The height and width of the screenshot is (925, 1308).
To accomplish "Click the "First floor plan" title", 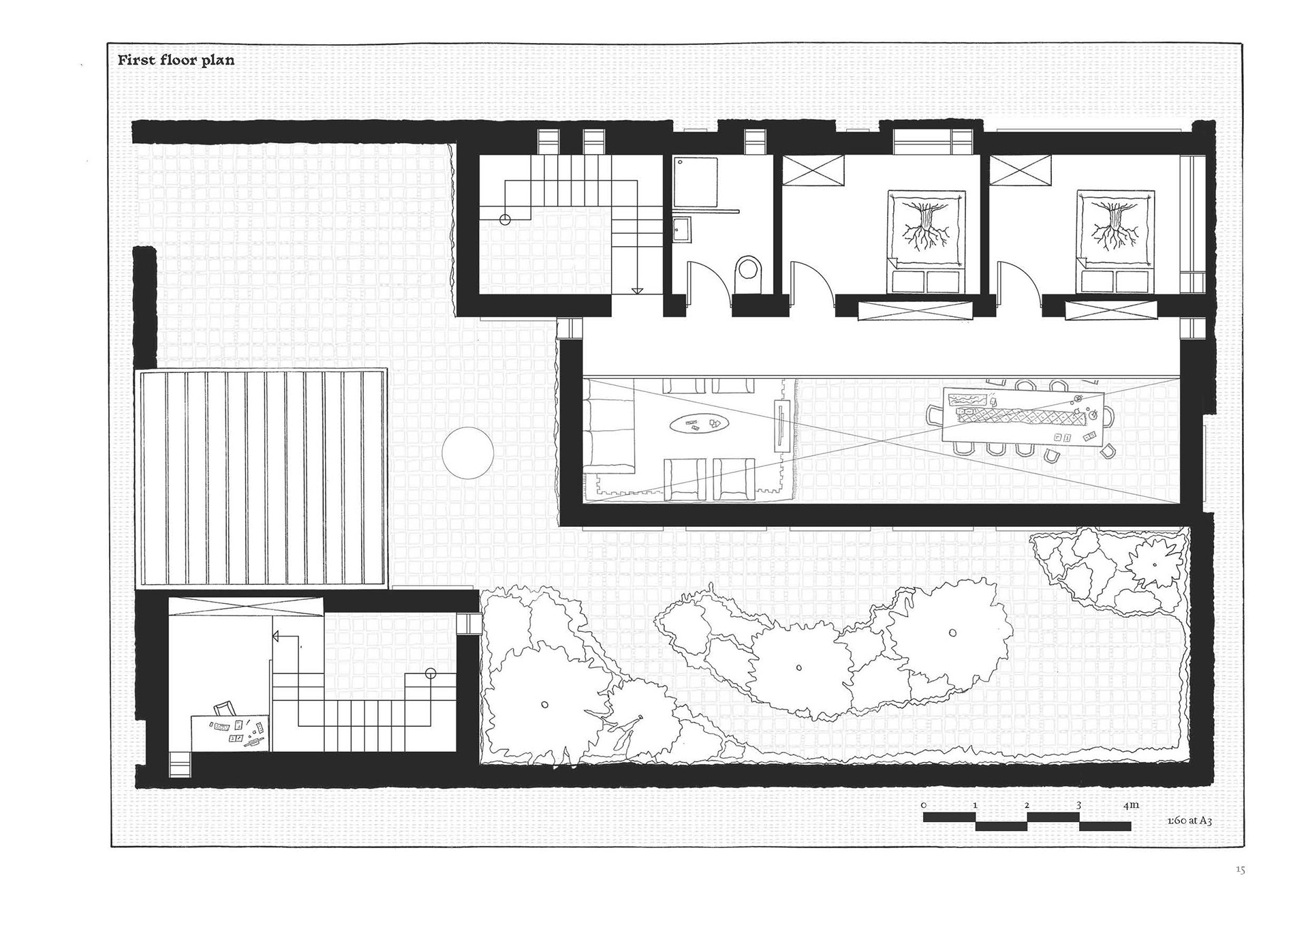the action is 176,60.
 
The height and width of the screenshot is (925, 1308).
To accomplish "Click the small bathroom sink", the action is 682,230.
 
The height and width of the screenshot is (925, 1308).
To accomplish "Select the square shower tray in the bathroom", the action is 696,182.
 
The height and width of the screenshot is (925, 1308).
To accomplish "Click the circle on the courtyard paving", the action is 467,453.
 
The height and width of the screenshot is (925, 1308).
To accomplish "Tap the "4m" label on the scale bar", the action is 1131,805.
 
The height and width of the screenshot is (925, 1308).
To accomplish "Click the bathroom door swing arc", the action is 702,275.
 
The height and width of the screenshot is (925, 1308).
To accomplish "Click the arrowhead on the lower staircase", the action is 276,637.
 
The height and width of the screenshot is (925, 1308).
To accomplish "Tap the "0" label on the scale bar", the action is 924,805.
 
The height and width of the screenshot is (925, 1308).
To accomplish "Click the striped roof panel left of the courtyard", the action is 262,478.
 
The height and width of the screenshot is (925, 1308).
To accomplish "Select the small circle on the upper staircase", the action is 505,219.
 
